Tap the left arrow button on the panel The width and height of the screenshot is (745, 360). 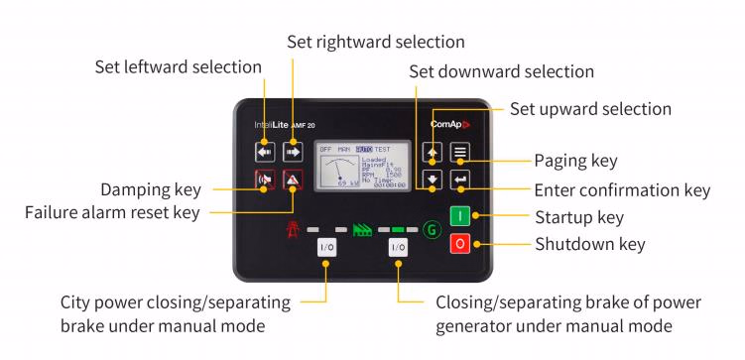tap(264, 152)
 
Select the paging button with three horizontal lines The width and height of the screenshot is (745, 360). tap(459, 152)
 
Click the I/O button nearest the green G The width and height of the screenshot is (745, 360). tap(398, 246)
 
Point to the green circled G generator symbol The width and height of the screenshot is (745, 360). tap(431, 229)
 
